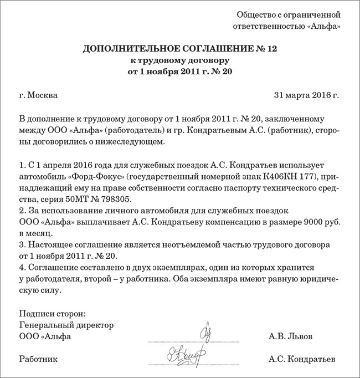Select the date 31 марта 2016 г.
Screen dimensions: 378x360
pyautogui.click(x=306, y=95)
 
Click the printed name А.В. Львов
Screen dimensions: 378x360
pyautogui.click(x=290, y=336)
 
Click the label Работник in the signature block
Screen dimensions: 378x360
pyautogui.click(x=38, y=359)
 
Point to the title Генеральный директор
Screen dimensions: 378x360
pyautogui.click(x=66, y=325)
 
